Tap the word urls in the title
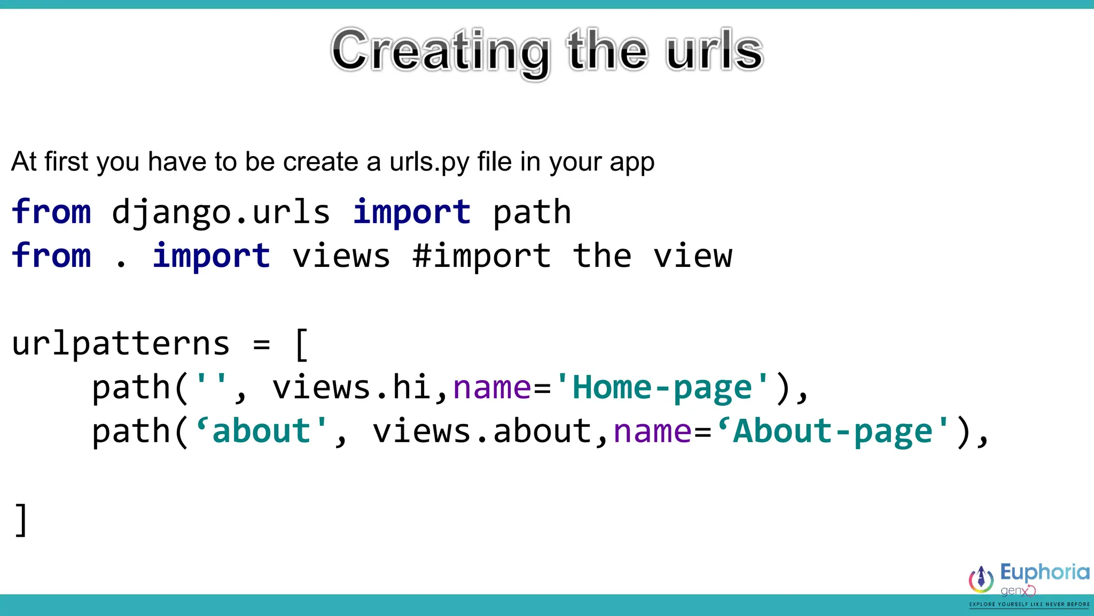click(x=714, y=51)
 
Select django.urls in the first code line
click(x=221, y=212)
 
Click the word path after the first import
click(x=532, y=212)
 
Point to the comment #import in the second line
click(x=481, y=256)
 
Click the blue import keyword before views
click(x=211, y=256)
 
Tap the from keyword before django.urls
click(x=51, y=212)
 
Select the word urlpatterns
click(x=121, y=344)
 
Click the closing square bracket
click(x=21, y=520)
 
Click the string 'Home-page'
click(x=662, y=388)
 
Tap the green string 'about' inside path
click(x=261, y=432)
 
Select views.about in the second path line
click(x=481, y=432)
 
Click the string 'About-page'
click(x=833, y=432)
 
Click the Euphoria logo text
click(x=1044, y=572)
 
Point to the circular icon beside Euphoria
click(x=981, y=580)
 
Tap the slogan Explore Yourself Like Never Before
click(x=1029, y=604)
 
